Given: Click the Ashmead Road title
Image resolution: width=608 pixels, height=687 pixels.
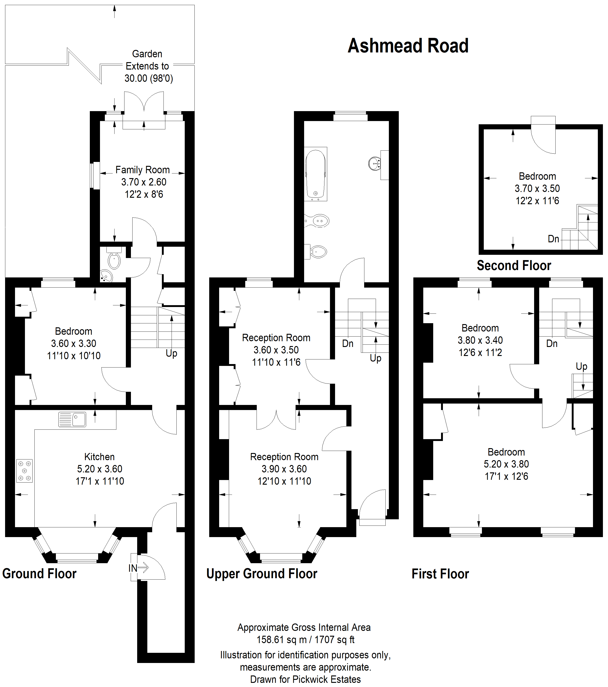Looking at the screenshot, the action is tap(408, 46).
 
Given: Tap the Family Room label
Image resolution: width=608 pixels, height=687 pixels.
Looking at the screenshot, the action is tap(142, 170).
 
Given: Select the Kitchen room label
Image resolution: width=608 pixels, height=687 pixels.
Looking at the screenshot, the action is tap(100, 457).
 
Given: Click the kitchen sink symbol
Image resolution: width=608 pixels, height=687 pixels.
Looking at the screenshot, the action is tap(72, 419).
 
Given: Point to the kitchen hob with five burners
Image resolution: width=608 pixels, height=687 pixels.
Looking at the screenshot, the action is tap(24, 471).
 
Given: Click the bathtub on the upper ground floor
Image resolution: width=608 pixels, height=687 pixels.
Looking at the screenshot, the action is tap(315, 174).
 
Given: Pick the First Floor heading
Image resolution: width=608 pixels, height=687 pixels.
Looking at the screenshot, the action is tap(440, 574).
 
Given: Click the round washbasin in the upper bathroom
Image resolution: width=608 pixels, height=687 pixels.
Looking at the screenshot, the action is tap(375, 164).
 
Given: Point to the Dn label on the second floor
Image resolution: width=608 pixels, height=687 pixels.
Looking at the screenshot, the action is tap(553, 239).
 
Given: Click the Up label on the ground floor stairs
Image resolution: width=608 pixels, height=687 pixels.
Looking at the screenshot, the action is tap(171, 353).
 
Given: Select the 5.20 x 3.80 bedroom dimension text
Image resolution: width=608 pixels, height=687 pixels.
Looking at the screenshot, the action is tap(506, 464).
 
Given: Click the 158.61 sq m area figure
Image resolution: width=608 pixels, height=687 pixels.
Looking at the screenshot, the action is tap(281, 640).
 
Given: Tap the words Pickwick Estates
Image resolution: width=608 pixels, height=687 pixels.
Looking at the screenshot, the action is tap(327, 679).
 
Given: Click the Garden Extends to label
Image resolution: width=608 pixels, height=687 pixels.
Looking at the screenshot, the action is tap(147, 60).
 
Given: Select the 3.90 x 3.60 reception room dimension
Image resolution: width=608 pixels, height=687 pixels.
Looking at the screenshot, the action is tap(284, 469).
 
